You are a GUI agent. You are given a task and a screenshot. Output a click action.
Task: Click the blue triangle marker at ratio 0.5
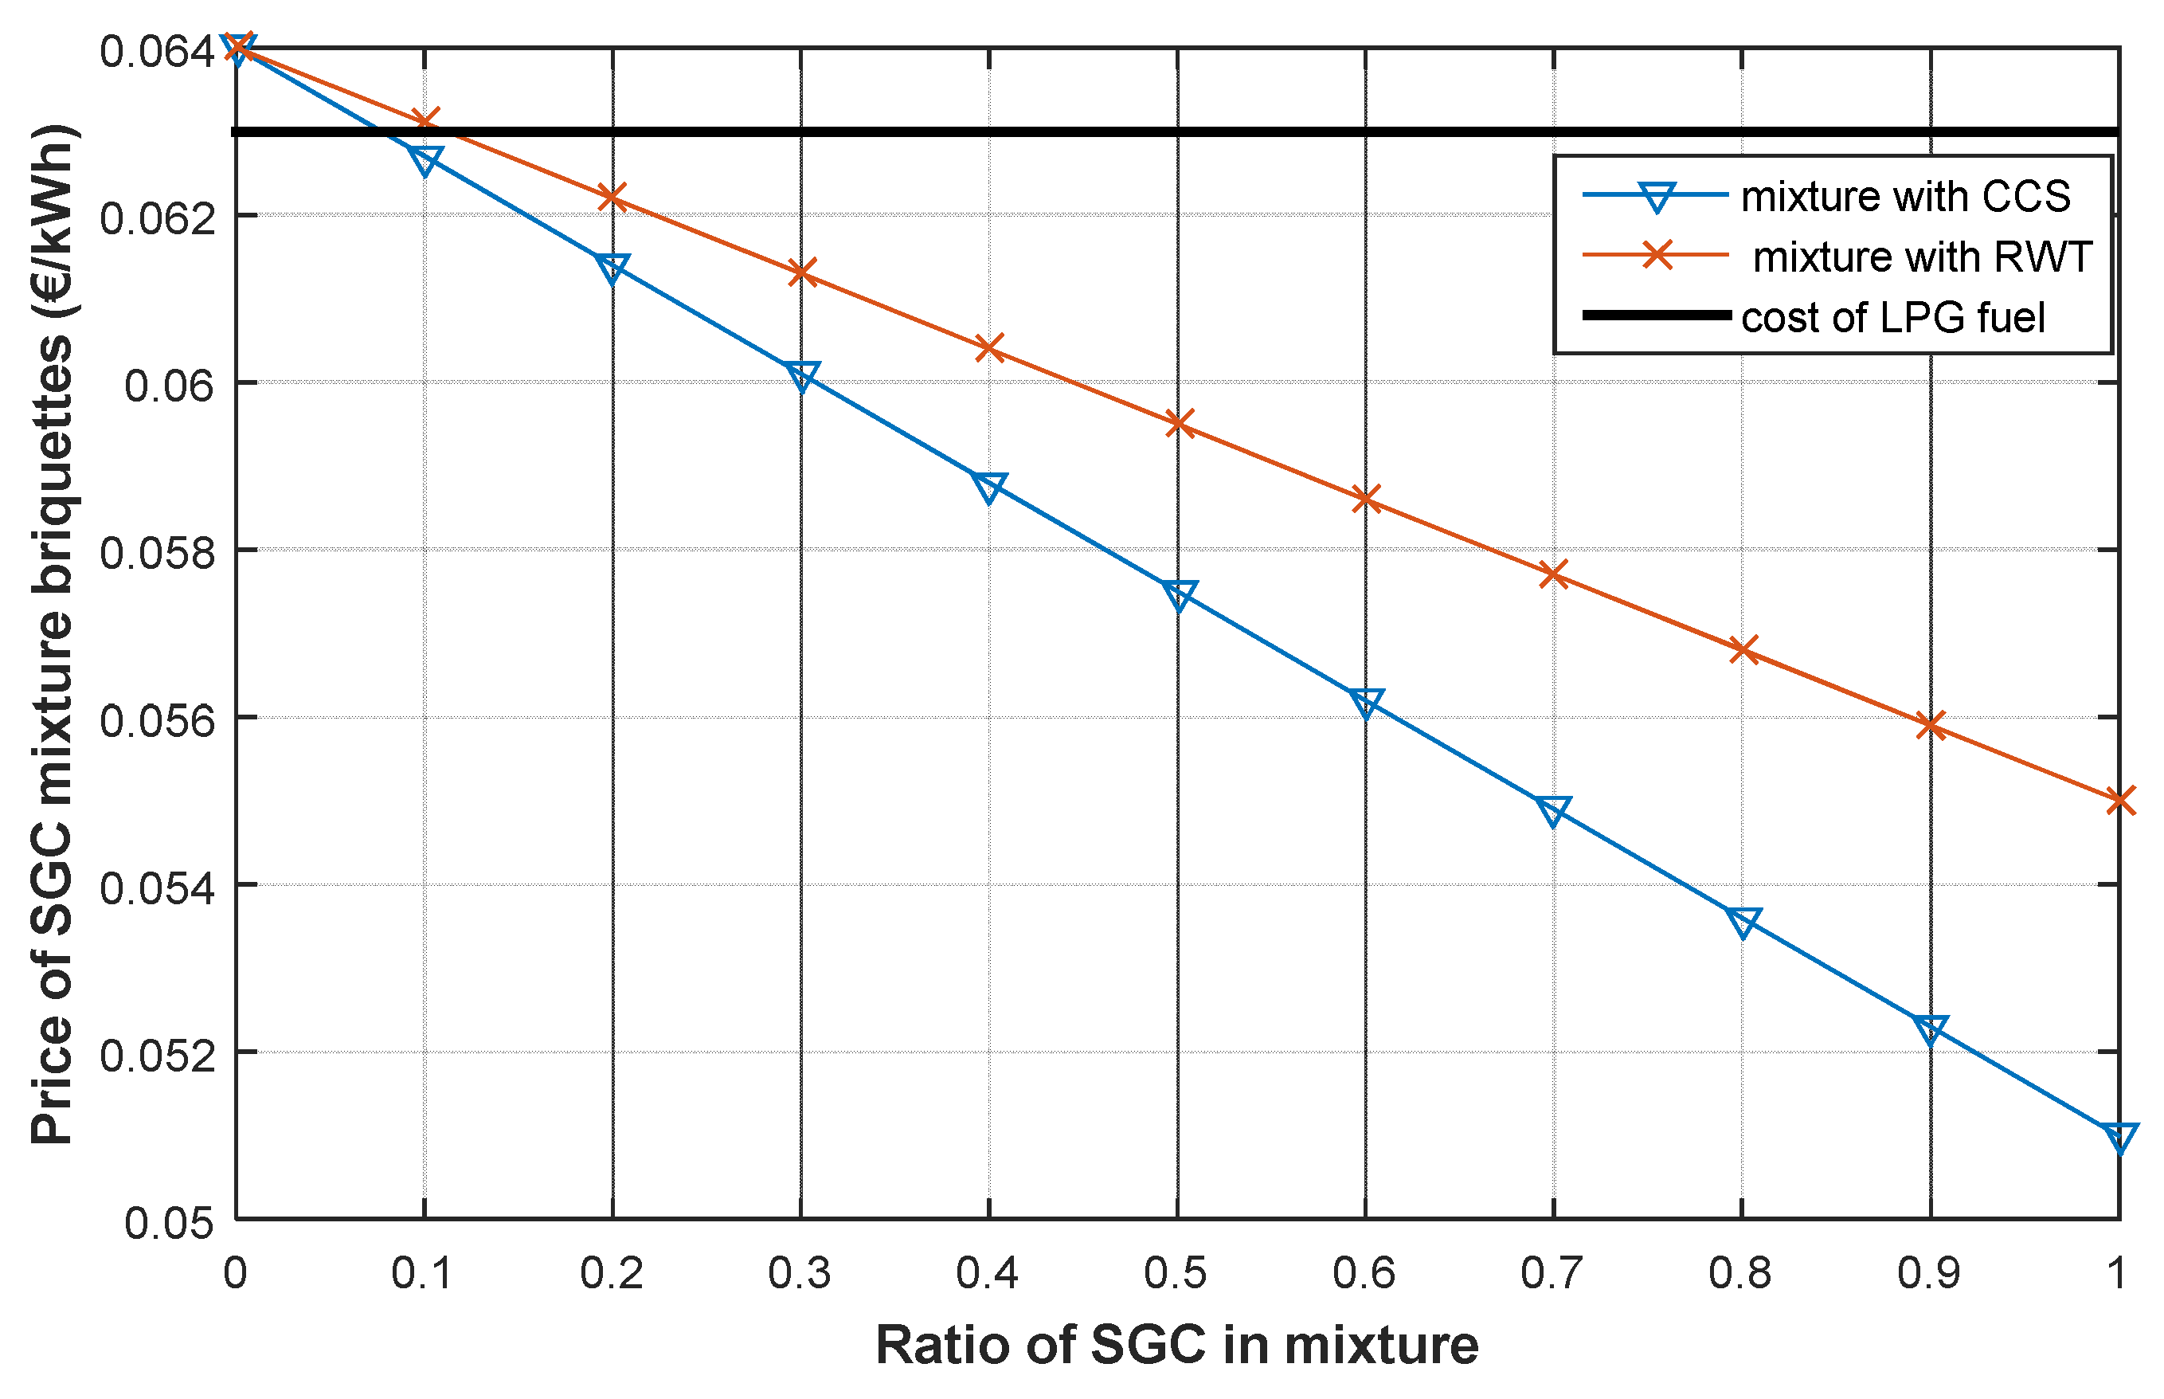1178,595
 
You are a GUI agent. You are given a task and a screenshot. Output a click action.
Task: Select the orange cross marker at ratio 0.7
1554,574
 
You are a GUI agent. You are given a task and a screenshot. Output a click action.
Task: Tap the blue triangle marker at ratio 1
2119,1135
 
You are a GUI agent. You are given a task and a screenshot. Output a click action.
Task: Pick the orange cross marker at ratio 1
2119,801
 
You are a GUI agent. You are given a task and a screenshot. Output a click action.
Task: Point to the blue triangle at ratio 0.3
801,374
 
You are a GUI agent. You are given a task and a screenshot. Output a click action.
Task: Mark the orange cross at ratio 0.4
989,348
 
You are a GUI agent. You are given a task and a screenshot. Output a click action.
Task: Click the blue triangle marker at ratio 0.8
1743,921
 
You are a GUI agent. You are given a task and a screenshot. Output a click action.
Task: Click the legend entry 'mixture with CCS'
1905,197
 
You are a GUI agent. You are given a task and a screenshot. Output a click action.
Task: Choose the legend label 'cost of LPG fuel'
1892,317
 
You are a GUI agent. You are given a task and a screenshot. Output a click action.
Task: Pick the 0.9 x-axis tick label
1929,1274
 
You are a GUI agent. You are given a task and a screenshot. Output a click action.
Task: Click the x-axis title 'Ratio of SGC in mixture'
1177,1346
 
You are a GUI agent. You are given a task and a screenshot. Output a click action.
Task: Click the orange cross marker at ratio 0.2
613,197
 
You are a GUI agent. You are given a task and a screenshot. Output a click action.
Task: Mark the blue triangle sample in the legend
1656,196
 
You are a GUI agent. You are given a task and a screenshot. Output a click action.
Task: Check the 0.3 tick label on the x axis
799,1274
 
